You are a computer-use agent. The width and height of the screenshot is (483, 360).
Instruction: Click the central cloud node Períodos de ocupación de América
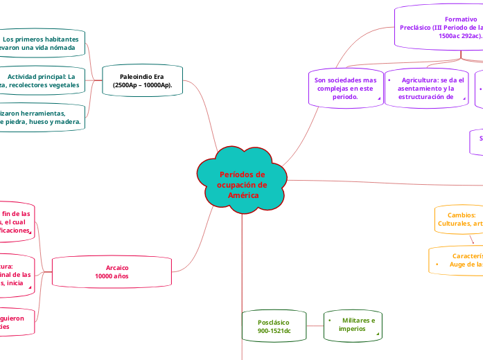[242, 178]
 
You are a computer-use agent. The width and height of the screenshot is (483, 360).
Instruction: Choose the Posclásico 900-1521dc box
[273, 326]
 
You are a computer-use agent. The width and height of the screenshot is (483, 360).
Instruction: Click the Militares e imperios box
[353, 325]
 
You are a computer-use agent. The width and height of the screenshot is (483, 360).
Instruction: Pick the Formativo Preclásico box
[439, 28]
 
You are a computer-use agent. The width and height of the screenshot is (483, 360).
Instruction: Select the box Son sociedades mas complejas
[344, 89]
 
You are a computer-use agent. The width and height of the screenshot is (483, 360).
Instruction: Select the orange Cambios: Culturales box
[459, 219]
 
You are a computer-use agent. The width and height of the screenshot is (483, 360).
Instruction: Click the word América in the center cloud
[243, 195]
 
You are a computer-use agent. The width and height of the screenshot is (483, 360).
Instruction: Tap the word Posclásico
[273, 322]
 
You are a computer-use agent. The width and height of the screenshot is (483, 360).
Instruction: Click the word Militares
[358, 320]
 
